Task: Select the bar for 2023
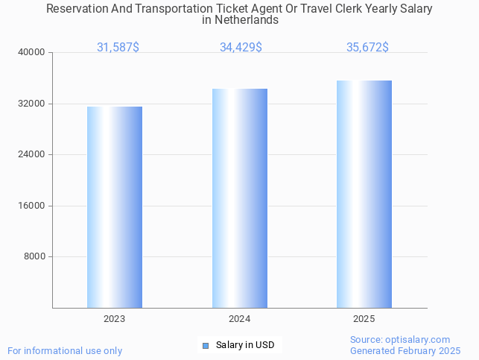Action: click(115, 207)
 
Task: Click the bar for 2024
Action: click(240, 198)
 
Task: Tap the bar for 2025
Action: click(364, 194)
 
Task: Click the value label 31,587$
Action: click(118, 48)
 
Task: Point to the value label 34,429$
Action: click(241, 48)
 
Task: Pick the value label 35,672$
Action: click(367, 48)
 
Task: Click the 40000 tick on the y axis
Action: click(33, 53)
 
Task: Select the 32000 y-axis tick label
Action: click(33, 104)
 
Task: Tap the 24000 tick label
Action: click(33, 155)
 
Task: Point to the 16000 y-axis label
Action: click(33, 206)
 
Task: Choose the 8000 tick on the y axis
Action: click(35, 257)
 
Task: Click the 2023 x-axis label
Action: click(115, 319)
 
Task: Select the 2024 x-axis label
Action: click(240, 319)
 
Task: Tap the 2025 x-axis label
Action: click(364, 319)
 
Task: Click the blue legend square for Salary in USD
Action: click(206, 345)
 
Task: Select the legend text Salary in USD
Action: click(245, 345)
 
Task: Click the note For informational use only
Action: click(65, 351)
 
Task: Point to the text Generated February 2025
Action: click(405, 351)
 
